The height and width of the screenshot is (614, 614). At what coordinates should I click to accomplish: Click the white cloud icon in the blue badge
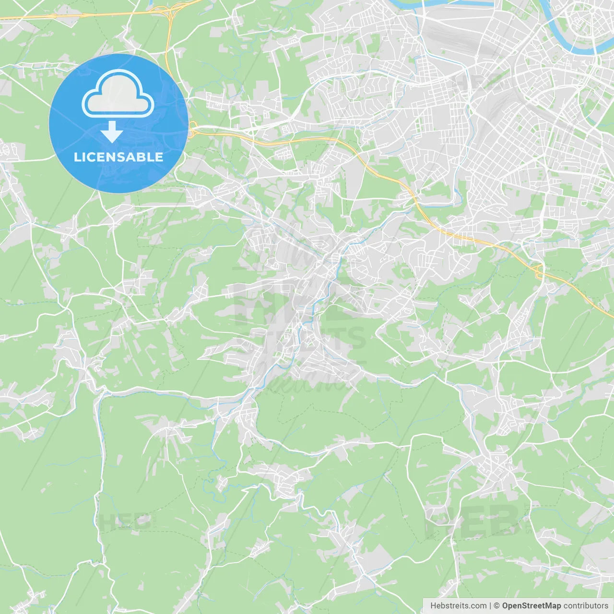click(x=118, y=94)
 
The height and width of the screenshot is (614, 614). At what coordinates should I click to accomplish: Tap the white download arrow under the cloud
click(x=112, y=132)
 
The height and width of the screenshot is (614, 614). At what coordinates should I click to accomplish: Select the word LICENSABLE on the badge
click(x=118, y=157)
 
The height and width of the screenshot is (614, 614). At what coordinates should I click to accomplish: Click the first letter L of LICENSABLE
click(x=77, y=157)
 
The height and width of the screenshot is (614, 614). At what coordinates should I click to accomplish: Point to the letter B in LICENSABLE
click(x=142, y=157)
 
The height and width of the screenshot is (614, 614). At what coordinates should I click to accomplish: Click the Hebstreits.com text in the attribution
click(x=458, y=606)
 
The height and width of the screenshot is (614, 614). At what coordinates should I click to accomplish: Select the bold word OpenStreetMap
click(x=531, y=606)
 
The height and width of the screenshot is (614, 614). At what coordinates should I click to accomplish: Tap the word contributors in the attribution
click(x=586, y=606)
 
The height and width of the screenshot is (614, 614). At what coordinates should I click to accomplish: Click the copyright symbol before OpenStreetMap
click(x=497, y=606)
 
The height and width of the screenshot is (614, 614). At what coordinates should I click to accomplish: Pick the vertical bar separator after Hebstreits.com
click(x=490, y=606)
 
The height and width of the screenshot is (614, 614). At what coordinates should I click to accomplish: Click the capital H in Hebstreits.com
click(x=433, y=606)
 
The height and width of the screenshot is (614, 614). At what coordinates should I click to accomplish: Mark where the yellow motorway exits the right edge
click(x=612, y=315)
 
